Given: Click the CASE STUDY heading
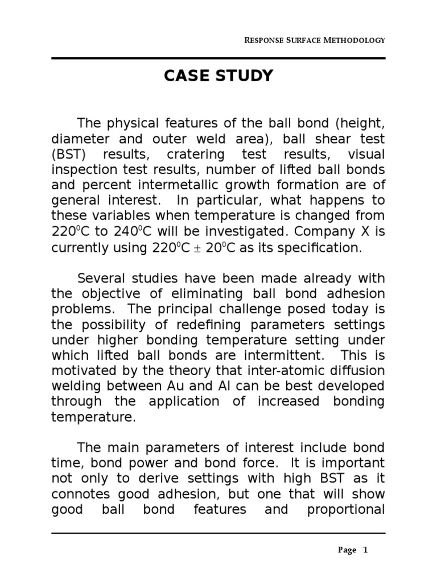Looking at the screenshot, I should pyautogui.click(x=218, y=76).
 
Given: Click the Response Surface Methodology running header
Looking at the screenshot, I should pyautogui.click(x=315, y=40).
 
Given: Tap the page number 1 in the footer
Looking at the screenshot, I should pyautogui.click(x=366, y=550).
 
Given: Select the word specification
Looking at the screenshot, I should pyautogui.click(x=318, y=248).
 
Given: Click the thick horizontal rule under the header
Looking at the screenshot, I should pyautogui.click(x=218, y=58).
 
